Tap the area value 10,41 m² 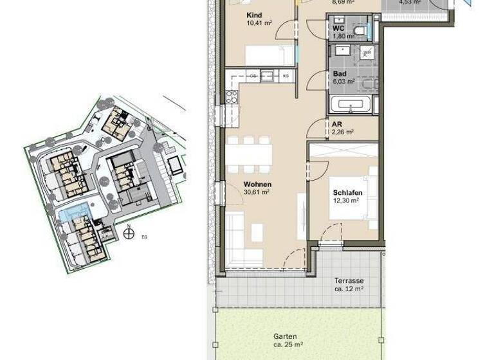pyautogui.click(x=259, y=23)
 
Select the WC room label pyautogui.click(x=338, y=28)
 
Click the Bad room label pyautogui.click(x=339, y=75)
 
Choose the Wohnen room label pyautogui.click(x=257, y=184)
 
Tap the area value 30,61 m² pyautogui.click(x=257, y=192)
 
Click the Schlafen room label pyautogui.click(x=346, y=192)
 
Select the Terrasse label pyautogui.click(x=349, y=281)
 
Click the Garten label pyautogui.click(x=286, y=336)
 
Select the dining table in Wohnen pyautogui.click(x=249, y=154)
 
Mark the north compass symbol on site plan pyautogui.click(x=129, y=234)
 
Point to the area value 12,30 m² pyautogui.click(x=346, y=201)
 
